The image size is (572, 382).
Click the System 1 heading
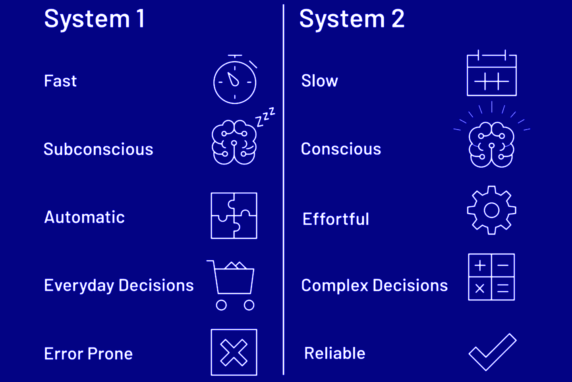[x=95, y=19]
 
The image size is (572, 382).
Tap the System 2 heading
[x=352, y=19]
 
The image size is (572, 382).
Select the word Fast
[x=60, y=81]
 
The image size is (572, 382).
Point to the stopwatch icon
[x=235, y=82]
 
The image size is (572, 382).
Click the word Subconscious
[x=98, y=149]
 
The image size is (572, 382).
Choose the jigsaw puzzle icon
[x=234, y=216]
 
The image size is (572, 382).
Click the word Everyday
[x=79, y=285]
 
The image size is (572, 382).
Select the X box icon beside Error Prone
[x=234, y=352]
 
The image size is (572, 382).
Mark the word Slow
[x=319, y=81]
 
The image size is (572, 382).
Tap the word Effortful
[x=336, y=219]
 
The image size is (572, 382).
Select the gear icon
[x=492, y=210]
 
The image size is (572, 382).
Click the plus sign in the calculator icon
[x=480, y=265]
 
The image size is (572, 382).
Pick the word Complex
[x=335, y=285]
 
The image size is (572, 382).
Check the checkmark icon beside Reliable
[x=492, y=352]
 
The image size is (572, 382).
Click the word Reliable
[x=334, y=353]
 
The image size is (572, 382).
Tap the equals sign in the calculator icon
[x=503, y=289]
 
